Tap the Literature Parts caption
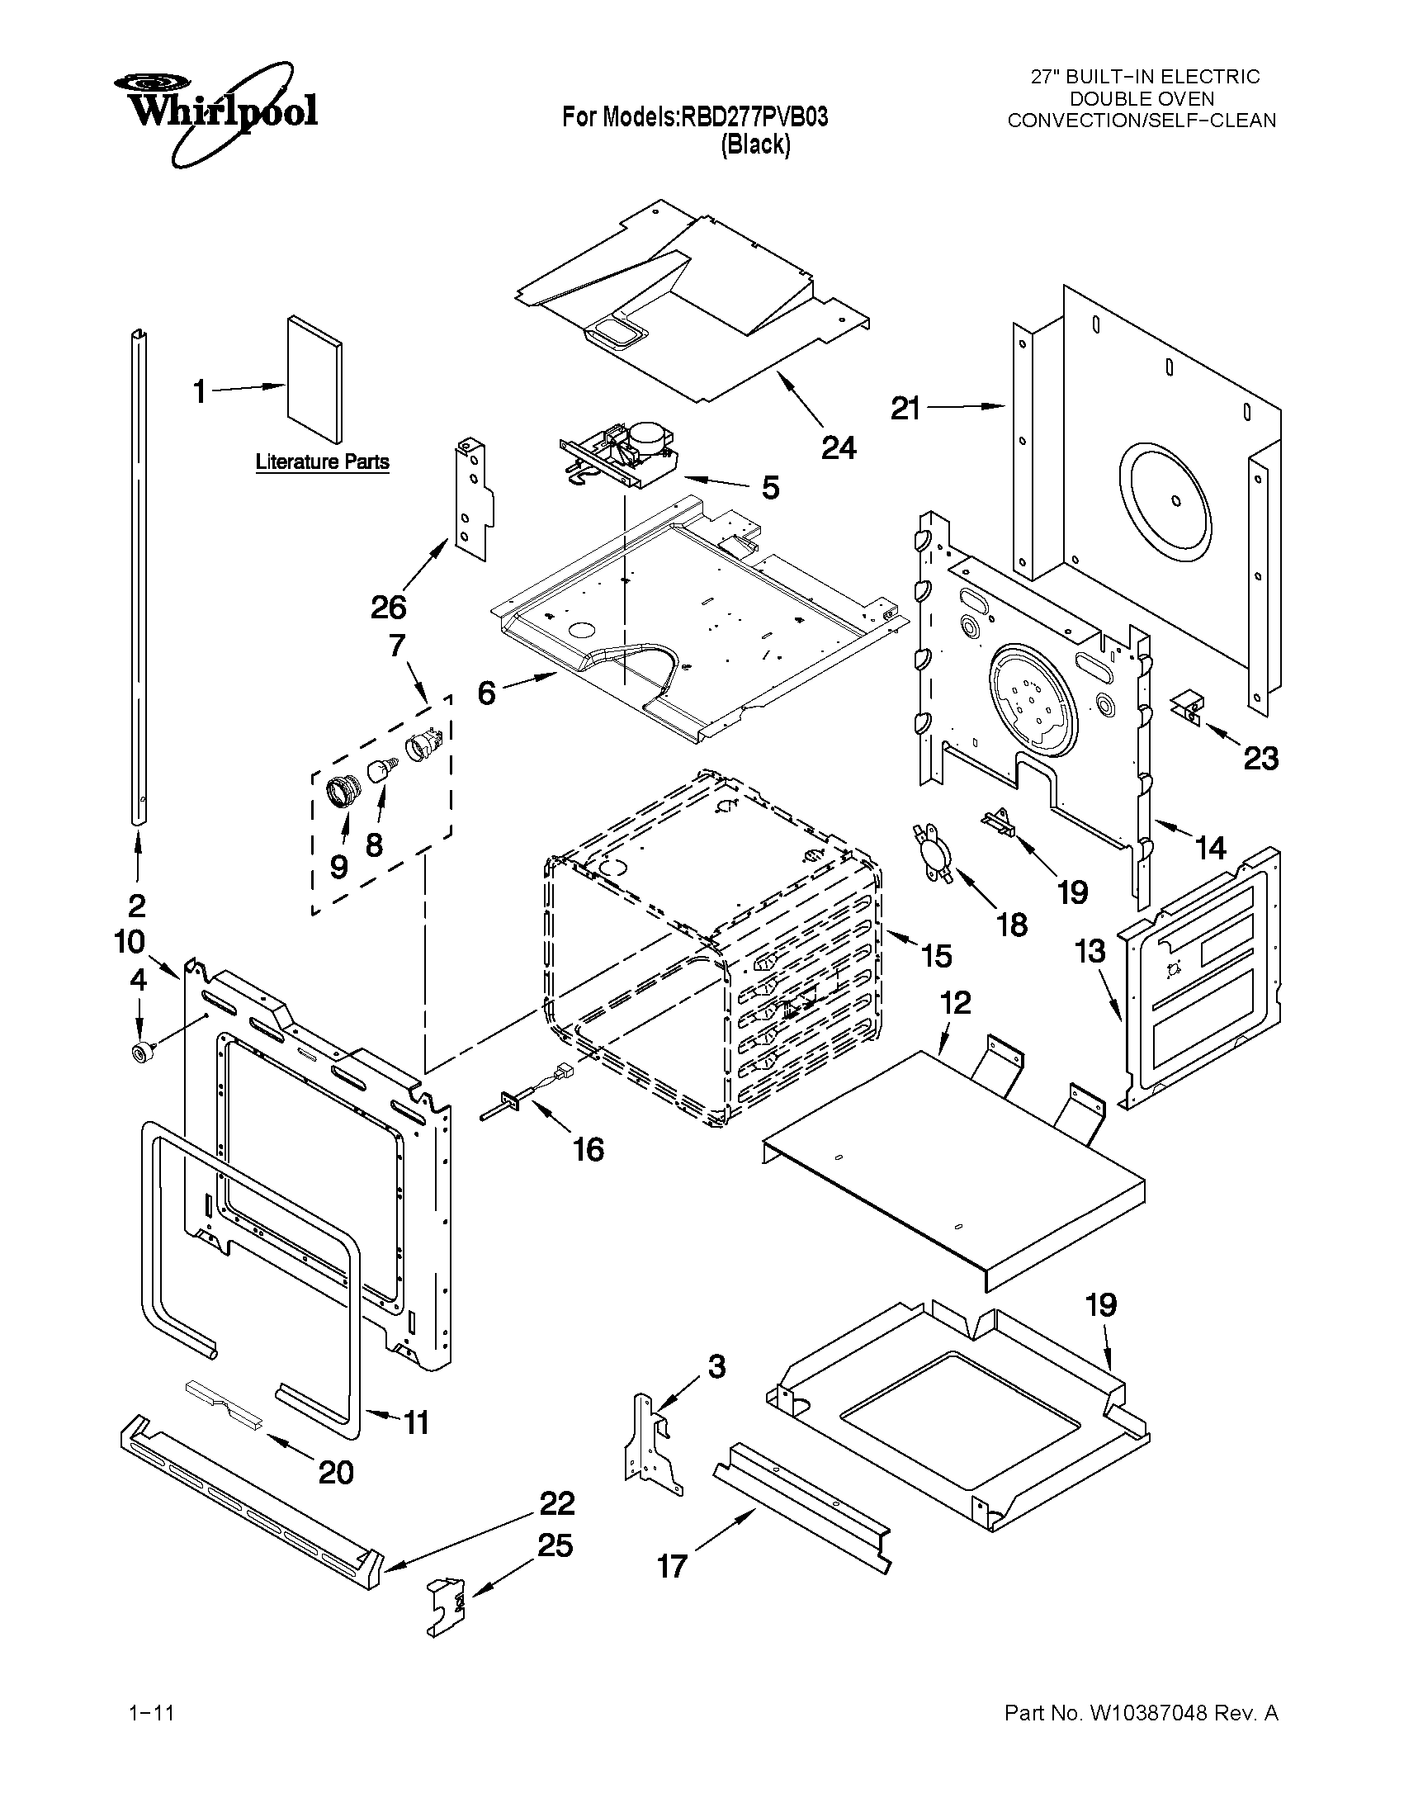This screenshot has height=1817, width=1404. [x=322, y=461]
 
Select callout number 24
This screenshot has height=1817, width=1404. [x=839, y=447]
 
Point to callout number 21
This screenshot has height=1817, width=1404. [x=905, y=409]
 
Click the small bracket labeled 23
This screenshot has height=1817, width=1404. [x=1187, y=705]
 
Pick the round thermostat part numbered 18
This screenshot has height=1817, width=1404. [x=929, y=850]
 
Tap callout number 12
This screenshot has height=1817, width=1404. [x=956, y=1002]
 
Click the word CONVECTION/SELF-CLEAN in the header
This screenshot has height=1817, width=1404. [x=1142, y=121]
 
